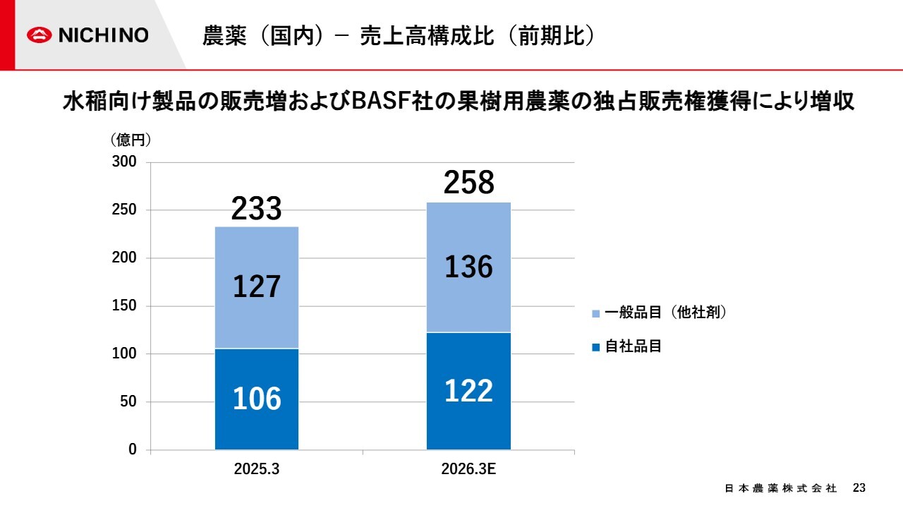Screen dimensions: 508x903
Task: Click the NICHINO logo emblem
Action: (x=41, y=35)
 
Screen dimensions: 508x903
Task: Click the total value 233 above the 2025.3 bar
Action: (x=257, y=209)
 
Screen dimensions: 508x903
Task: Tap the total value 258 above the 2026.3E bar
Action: (x=468, y=183)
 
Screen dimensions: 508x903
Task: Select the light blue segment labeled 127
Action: (x=257, y=287)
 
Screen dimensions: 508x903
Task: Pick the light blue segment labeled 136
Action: (x=468, y=267)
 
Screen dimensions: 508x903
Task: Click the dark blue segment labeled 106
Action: (x=257, y=399)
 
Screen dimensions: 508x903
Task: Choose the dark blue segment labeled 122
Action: (x=468, y=391)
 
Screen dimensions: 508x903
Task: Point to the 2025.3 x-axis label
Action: (x=257, y=469)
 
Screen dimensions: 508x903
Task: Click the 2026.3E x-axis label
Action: (x=468, y=469)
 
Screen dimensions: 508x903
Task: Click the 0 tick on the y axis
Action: (x=133, y=450)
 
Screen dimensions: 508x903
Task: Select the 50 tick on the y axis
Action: (x=129, y=402)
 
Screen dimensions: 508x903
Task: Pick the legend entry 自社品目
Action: (x=633, y=346)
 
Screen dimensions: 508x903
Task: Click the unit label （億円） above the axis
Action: (x=131, y=140)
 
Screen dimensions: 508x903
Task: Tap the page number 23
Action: (x=859, y=488)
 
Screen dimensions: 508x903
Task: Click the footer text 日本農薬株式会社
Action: (x=780, y=488)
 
